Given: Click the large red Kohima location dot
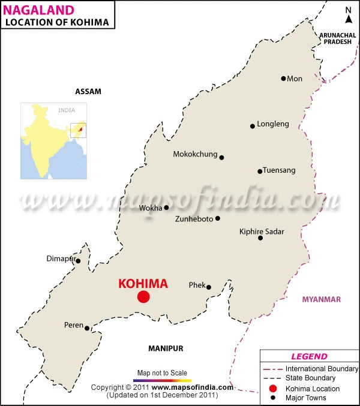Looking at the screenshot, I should click(143, 296).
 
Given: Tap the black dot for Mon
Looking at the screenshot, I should click(283, 79).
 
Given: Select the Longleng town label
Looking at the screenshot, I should click(273, 124).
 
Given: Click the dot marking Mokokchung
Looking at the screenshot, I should click(221, 158).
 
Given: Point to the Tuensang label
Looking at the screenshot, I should click(280, 170).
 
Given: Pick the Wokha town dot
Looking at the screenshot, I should click(166, 207).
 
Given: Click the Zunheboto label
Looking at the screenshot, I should click(194, 219).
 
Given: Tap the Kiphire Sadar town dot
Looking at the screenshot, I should click(260, 238).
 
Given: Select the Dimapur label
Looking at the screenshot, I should click(60, 259).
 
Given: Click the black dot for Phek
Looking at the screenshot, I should click(209, 287).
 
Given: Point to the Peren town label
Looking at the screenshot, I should click(73, 325).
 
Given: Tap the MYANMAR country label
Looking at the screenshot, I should click(321, 299).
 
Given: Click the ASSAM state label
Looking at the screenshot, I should click(88, 92).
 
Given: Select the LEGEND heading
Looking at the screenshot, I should click(309, 356).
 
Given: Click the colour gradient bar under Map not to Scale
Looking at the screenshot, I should click(162, 380).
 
